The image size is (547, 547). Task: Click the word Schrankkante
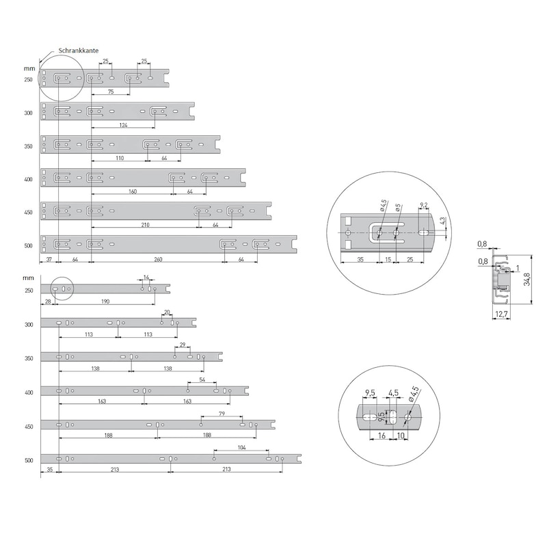[x=79, y=51]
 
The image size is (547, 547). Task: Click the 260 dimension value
[x=158, y=259]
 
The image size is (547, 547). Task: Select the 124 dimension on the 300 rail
[x=123, y=125]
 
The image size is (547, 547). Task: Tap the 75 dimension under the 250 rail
[x=111, y=92]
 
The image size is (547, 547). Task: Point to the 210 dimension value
[x=145, y=225]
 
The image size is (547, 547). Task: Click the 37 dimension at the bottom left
[x=49, y=259]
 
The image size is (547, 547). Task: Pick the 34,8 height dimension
[x=527, y=279]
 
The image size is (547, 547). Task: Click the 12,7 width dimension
[x=501, y=315]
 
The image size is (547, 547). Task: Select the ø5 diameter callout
[x=398, y=208]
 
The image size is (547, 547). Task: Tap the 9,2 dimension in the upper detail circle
[x=423, y=205]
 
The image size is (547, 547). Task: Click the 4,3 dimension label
[x=442, y=221]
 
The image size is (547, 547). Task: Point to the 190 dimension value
[x=105, y=302]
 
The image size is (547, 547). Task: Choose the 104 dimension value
[x=241, y=448]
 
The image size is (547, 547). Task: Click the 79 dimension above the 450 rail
[x=222, y=414]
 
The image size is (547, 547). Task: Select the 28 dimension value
[x=48, y=302]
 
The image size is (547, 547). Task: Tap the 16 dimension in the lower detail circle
[x=382, y=436]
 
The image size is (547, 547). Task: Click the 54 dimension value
[x=202, y=379]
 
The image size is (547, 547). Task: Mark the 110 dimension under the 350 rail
[x=120, y=158]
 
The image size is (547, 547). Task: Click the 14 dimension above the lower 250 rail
[x=146, y=278]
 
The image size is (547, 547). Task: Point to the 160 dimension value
[x=133, y=191]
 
